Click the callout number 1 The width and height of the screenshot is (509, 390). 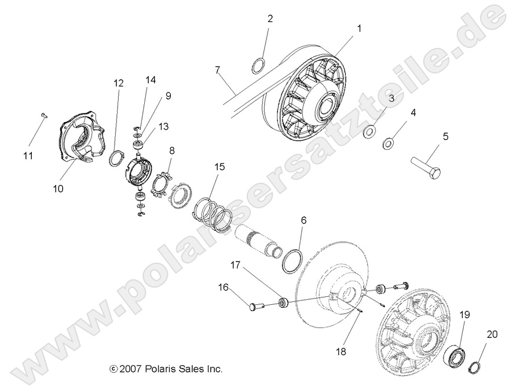[x=359, y=28]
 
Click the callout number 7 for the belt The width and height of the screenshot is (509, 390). [x=217, y=71]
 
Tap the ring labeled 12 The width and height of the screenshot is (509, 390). [x=118, y=157]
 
